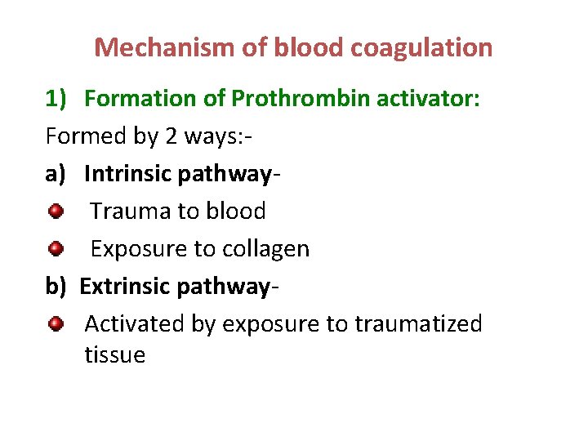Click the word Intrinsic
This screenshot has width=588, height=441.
coord(129,174)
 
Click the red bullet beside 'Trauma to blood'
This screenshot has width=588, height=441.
coord(56,212)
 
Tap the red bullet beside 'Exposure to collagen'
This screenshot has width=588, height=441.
coord(56,248)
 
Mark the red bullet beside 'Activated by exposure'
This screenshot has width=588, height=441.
coord(56,324)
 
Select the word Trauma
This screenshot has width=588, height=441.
coord(130,212)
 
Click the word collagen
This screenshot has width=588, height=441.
coord(269,249)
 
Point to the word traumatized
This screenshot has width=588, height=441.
coord(418,324)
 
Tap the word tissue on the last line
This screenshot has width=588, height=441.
coord(114,355)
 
